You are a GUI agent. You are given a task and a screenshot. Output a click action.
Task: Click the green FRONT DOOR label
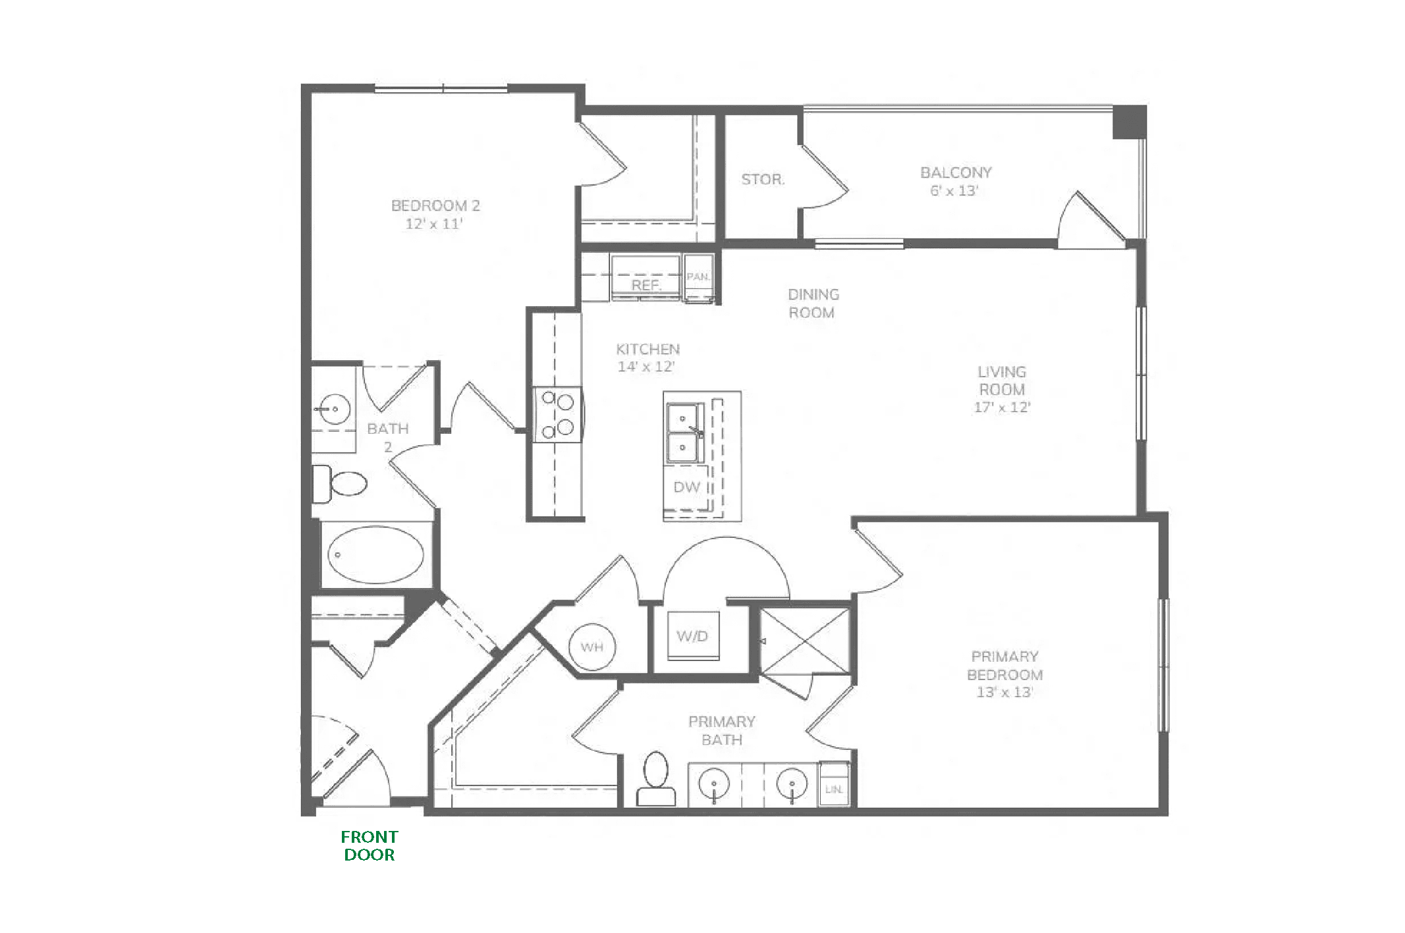tap(370, 846)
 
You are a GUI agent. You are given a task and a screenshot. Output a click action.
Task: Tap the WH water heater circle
tap(592, 647)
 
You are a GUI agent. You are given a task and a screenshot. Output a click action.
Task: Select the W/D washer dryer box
tap(693, 636)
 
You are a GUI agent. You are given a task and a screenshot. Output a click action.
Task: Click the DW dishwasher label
tap(686, 487)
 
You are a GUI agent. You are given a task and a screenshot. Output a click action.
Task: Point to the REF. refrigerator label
tap(646, 285)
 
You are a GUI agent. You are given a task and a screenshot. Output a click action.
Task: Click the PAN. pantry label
tap(698, 277)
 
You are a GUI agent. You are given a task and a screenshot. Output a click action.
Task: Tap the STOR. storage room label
tap(763, 179)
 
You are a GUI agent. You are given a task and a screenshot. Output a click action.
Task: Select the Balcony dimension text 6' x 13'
tap(954, 191)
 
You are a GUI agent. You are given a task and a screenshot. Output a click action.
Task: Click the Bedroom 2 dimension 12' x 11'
tap(434, 224)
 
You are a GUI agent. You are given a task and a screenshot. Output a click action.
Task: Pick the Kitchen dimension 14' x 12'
tap(646, 367)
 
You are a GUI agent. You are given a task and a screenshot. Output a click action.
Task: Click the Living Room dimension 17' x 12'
tap(1002, 407)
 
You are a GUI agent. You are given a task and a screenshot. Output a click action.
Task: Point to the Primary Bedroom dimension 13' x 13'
tap(1005, 692)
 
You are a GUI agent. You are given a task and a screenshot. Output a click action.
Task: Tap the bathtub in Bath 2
tap(376, 554)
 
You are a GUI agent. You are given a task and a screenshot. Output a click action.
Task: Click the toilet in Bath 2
tap(339, 483)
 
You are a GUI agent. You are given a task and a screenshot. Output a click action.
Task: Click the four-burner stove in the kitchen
tap(557, 415)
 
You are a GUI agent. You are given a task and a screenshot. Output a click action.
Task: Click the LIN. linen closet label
tap(833, 789)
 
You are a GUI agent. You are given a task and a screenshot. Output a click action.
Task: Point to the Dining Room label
tap(813, 304)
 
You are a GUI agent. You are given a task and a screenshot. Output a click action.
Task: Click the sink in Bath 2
tap(334, 409)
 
